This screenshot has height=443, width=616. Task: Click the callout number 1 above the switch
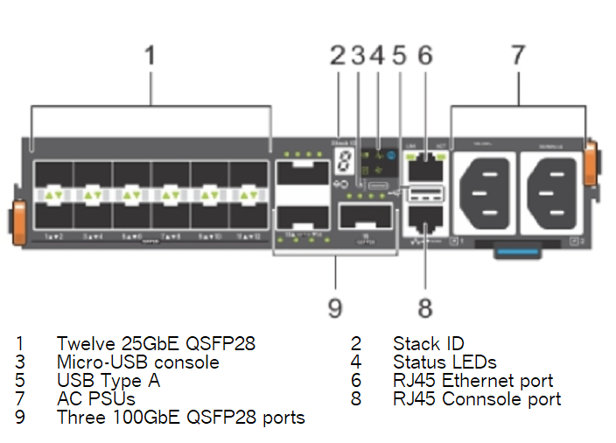click(x=150, y=56)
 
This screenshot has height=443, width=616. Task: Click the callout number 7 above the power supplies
click(x=518, y=56)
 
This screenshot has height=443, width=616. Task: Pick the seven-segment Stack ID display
click(x=347, y=159)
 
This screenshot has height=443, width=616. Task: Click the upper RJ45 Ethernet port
click(x=425, y=162)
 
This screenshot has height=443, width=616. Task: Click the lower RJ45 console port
click(x=425, y=224)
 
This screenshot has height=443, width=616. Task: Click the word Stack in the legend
click(x=416, y=344)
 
